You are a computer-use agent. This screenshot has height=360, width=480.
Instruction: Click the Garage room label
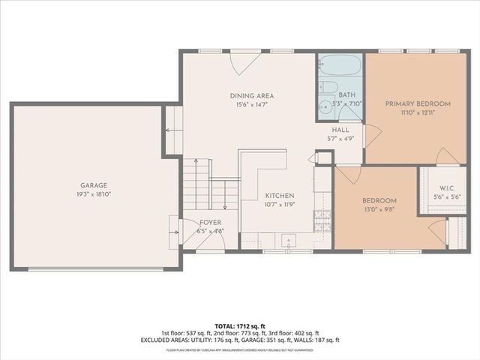click(x=94, y=185)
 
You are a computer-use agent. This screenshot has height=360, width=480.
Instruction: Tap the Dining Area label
click(x=251, y=95)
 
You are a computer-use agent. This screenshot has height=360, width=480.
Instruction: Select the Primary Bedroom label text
click(x=418, y=103)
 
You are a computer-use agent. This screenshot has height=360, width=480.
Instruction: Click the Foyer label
click(x=209, y=223)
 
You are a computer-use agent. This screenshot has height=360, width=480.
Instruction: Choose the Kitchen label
click(x=279, y=196)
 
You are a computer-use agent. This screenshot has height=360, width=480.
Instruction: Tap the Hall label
click(x=340, y=130)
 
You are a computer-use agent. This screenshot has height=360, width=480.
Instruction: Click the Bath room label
click(x=346, y=95)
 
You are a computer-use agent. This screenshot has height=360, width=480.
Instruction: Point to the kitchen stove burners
click(x=322, y=218)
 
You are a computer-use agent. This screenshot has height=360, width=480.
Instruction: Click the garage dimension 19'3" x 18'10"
click(x=94, y=193)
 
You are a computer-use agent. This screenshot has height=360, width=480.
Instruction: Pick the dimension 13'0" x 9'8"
click(x=379, y=209)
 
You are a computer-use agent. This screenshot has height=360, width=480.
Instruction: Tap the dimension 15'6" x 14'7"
click(x=251, y=105)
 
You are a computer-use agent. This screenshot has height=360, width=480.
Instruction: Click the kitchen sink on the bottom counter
click(x=289, y=241)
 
